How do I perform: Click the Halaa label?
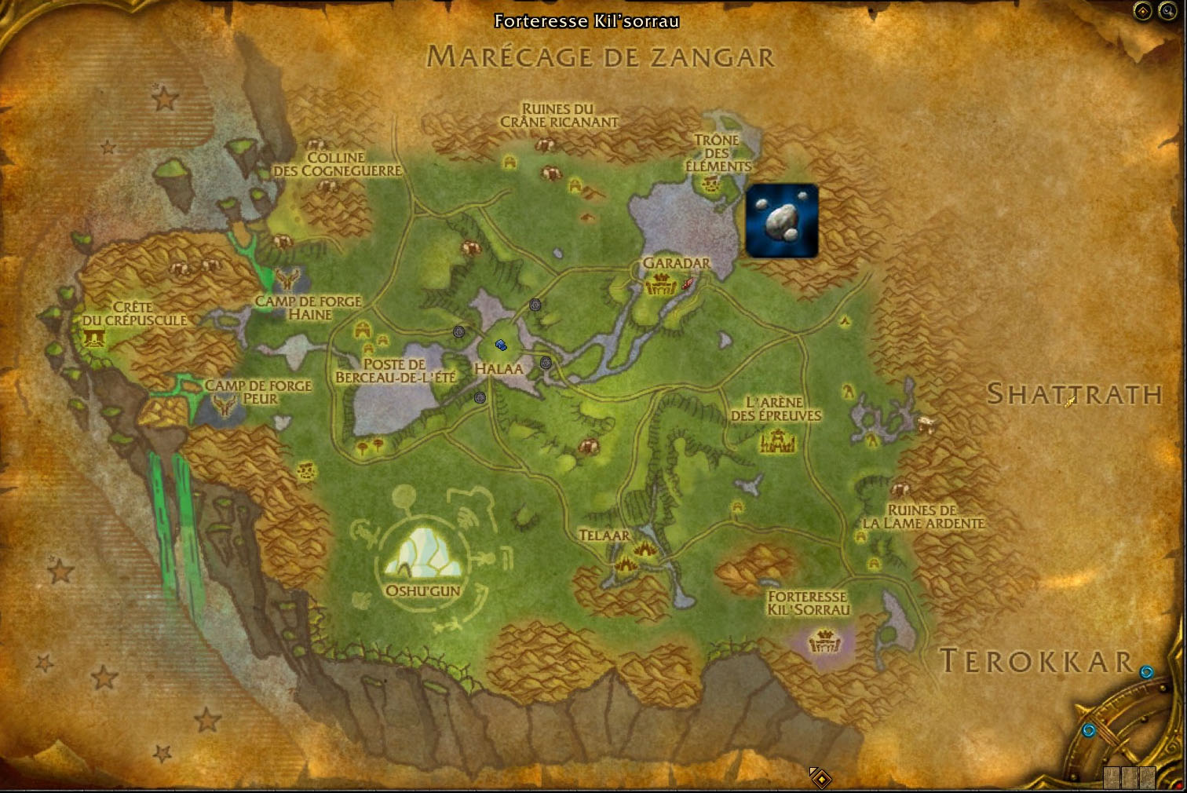pyautogui.click(x=499, y=368)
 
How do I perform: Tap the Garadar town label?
pyautogui.click(x=676, y=263)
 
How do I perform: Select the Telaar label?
pyautogui.click(x=604, y=535)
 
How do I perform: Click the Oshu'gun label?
pyautogui.click(x=422, y=590)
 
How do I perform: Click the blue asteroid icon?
pyautogui.click(x=781, y=221)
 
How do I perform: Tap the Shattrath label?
pyautogui.click(x=1073, y=394)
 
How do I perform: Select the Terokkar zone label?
pyautogui.click(x=1036, y=662)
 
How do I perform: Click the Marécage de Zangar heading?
pyautogui.click(x=601, y=57)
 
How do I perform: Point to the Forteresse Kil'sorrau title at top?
pyautogui.click(x=586, y=21)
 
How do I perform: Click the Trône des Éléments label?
pyautogui.click(x=718, y=153)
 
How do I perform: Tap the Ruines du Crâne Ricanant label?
pyautogui.click(x=559, y=115)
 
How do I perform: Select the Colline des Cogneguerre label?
pyautogui.click(x=338, y=164)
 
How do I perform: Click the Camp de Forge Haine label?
pyautogui.click(x=309, y=308)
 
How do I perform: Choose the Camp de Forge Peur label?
pyautogui.click(x=258, y=392)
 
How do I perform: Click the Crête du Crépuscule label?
pyautogui.click(x=134, y=313)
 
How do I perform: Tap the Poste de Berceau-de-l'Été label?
pyautogui.click(x=395, y=371)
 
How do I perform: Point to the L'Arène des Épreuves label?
pyautogui.click(x=776, y=409)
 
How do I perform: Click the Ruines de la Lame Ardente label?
pyautogui.click(x=923, y=517)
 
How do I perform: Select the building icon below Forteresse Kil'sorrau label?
pyautogui.click(x=824, y=641)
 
